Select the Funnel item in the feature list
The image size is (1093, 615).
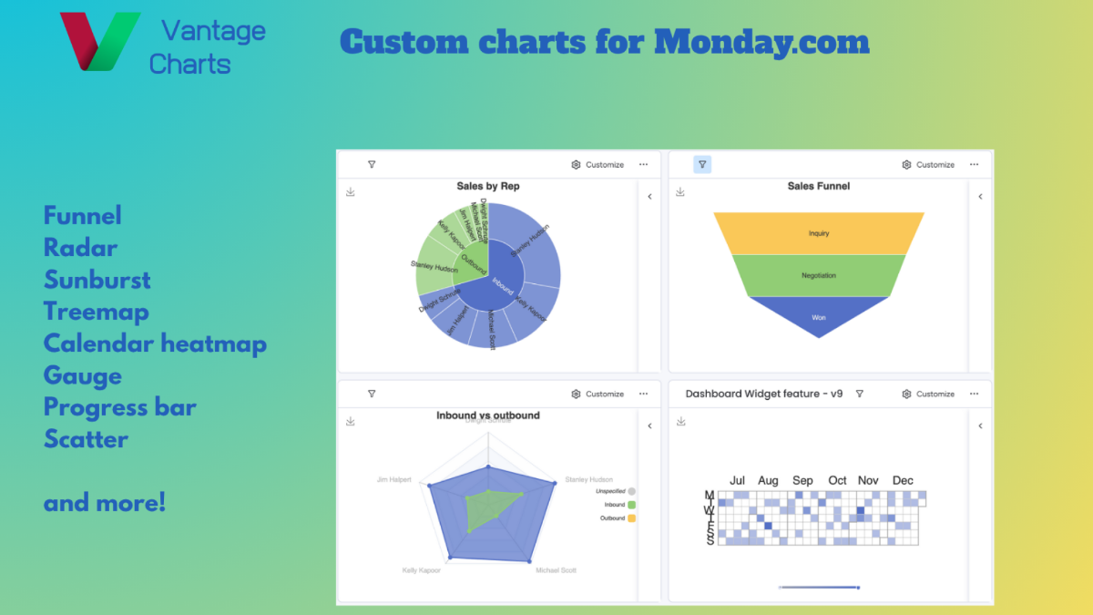[82, 216]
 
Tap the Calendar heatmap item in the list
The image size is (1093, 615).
[155, 343]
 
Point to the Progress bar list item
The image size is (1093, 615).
[119, 407]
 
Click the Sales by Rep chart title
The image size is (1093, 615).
[488, 186]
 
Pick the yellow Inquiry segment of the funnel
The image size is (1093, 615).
[819, 233]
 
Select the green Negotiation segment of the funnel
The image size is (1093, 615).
[819, 275]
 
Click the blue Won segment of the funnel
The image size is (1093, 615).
[819, 317]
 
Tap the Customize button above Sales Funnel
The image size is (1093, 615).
[928, 165]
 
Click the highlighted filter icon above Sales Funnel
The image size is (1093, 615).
[702, 165]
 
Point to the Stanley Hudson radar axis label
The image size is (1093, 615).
[588, 479]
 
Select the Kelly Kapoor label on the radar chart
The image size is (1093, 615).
[422, 570]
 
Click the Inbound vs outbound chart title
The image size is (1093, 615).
[488, 415]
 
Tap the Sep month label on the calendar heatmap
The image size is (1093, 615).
[802, 480]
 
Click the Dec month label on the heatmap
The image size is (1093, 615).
[903, 480]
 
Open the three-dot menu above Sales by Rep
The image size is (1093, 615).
[643, 165]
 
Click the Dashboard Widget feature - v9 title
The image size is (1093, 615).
[763, 395]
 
